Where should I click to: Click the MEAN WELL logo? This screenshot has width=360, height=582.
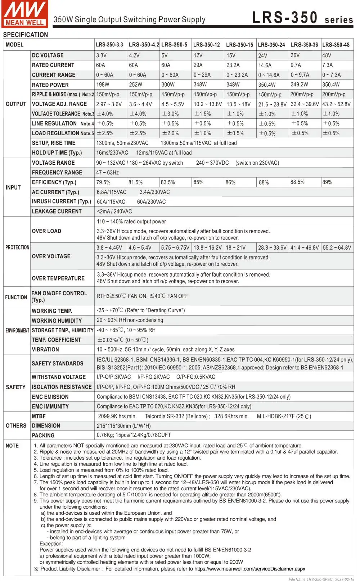coord(24,14)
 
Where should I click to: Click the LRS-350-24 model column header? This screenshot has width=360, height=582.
coord(271,45)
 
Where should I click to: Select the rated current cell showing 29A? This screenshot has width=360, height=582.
coord(198,65)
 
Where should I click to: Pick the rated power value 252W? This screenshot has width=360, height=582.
coord(136,85)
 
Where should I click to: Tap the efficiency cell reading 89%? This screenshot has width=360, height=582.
coord(327,182)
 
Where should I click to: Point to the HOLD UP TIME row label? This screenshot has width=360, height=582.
coord(57,153)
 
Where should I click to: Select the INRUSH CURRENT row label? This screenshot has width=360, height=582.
coord(61,201)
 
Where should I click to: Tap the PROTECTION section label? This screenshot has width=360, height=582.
coord(17,247)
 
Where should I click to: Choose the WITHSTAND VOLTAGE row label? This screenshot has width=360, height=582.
coord(59,377)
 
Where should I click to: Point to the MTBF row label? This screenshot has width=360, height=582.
coord(39,416)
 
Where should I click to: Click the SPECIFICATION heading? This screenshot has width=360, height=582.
coord(25,35)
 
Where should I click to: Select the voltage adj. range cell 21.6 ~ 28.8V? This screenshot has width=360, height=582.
coord(272,104)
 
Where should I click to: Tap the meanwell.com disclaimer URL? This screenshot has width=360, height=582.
coord(249,569)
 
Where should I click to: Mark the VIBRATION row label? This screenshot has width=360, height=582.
coord(45,349)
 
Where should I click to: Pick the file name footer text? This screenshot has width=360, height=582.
coord(321,579)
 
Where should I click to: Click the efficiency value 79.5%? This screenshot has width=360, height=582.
coord(103,182)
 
